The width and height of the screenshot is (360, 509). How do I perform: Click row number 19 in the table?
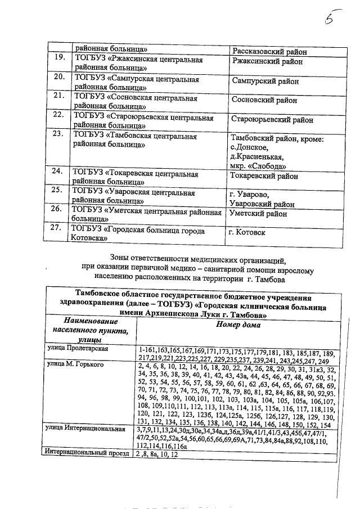pyautogui.click(x=58, y=58)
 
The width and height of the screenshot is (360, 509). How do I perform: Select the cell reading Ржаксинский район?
pyautogui.click(x=267, y=62)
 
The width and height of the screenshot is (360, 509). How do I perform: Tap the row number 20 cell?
pyautogui.click(x=58, y=77)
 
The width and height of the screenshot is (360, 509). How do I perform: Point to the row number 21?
pyautogui.click(x=58, y=96)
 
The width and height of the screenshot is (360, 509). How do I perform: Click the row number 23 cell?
pyautogui.click(x=58, y=134)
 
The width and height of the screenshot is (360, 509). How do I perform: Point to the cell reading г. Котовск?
pyautogui.click(x=247, y=232)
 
